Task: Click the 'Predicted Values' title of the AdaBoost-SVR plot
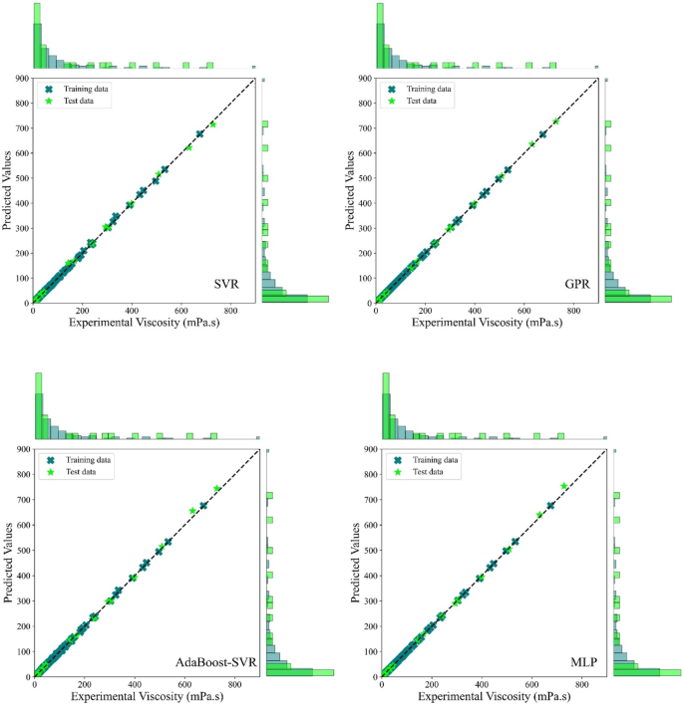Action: click(8, 563)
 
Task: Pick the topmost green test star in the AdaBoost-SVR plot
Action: click(217, 488)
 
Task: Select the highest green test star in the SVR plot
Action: click(212, 124)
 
